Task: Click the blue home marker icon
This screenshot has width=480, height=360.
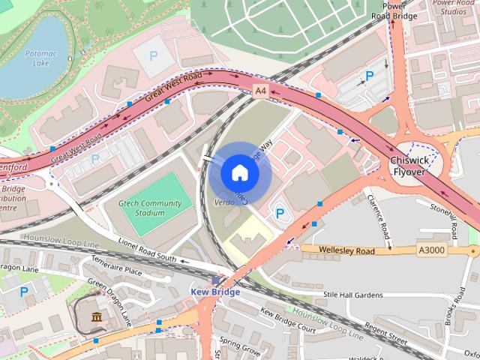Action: pos(239,173)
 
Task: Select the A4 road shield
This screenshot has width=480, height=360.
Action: pos(260,91)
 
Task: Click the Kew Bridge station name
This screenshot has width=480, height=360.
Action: pos(215,292)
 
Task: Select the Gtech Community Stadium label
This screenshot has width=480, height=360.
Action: pos(150,208)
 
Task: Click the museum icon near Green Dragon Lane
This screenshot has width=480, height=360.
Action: pos(97,319)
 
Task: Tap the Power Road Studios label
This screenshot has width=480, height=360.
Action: pos(454,7)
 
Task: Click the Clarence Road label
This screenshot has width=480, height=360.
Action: pos(379,220)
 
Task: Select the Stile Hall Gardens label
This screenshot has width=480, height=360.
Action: pos(353,296)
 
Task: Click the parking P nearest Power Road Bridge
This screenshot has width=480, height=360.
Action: pos(369,76)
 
